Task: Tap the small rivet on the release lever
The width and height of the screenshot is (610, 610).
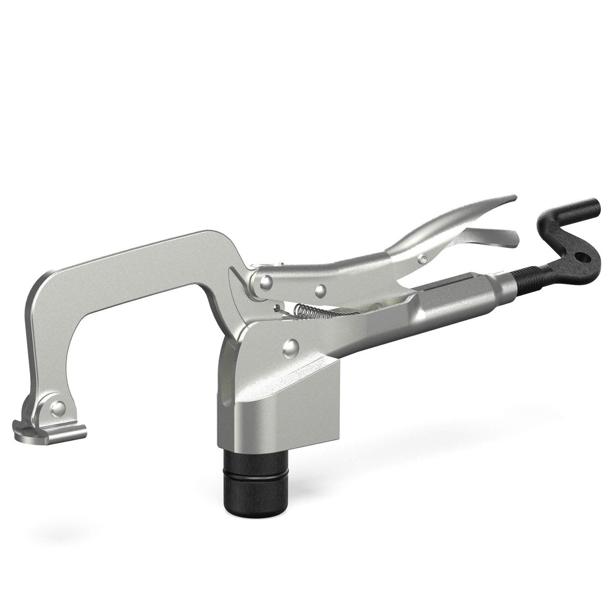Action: tap(422, 260)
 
